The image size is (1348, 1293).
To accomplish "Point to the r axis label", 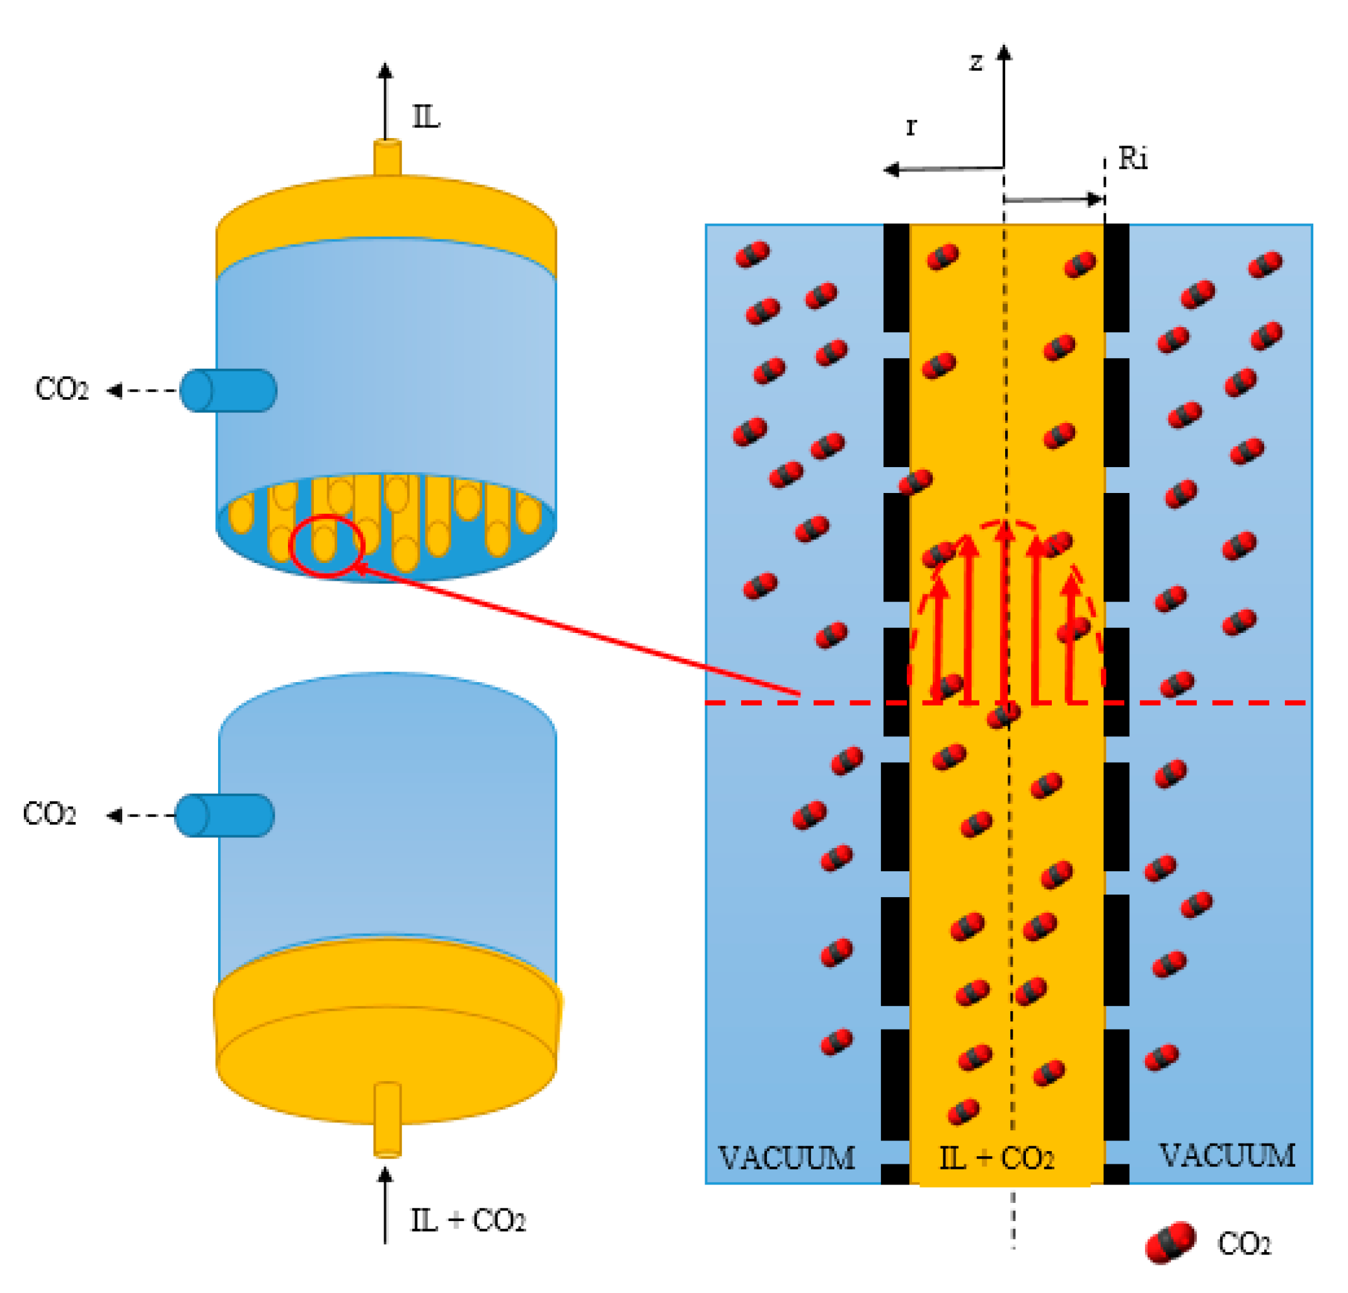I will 911,127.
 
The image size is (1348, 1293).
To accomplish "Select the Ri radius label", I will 1132,159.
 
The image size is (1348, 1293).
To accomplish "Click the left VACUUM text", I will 786,1158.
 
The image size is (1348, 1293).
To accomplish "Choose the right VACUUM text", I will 1228,1156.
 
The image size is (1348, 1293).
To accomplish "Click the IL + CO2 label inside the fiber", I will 996,1159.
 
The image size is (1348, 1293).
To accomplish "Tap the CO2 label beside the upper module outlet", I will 62,390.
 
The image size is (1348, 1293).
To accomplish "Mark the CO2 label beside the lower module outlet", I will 50,814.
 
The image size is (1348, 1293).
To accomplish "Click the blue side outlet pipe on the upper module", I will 228,390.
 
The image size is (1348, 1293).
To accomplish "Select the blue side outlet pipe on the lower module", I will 225,815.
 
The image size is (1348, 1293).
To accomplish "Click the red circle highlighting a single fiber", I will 326,546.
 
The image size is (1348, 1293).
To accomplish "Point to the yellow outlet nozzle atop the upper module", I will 387,158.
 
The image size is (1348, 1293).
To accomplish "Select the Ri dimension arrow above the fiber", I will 1053,200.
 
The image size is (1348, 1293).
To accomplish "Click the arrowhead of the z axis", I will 1004,52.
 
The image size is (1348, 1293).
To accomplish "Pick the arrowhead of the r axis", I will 891,170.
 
